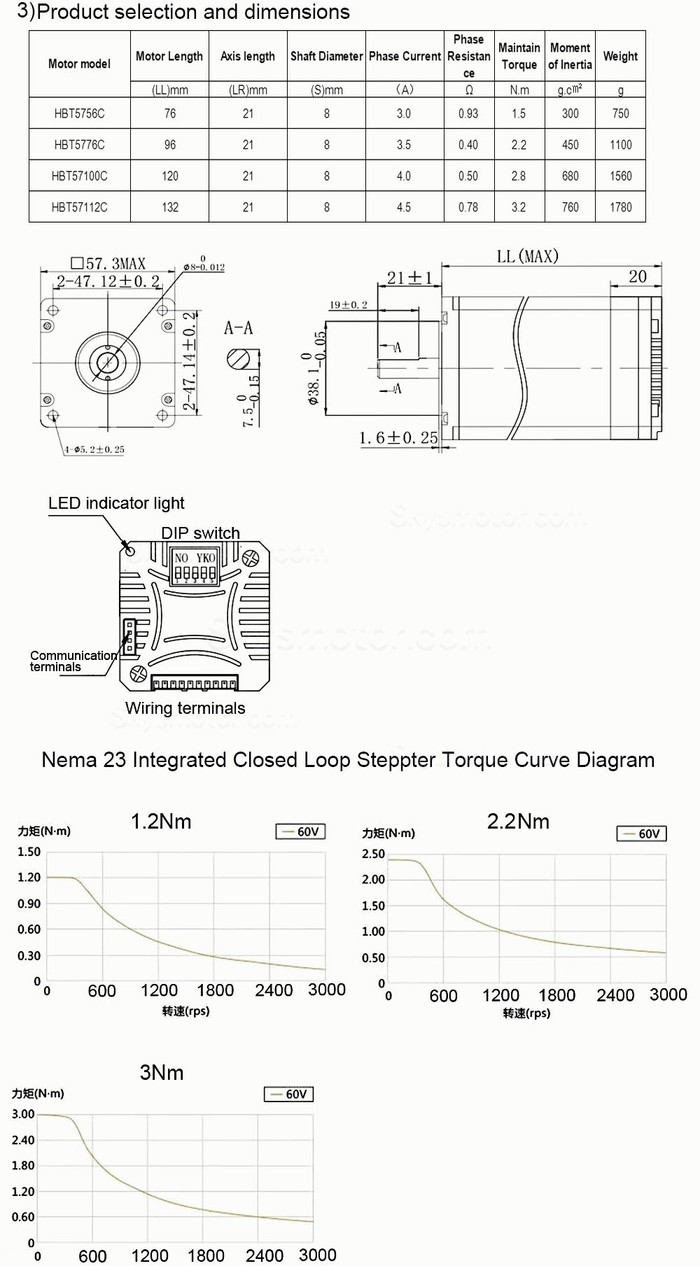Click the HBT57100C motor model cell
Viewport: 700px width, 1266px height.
[x=79, y=176]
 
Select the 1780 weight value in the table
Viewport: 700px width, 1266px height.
[x=620, y=207]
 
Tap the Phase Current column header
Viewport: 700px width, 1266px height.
[x=405, y=57]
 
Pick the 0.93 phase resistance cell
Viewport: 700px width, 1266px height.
[x=468, y=113]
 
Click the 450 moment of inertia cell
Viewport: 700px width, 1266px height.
[x=570, y=145]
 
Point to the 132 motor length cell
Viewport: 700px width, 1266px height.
[x=169, y=207]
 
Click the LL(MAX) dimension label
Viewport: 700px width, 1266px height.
[x=527, y=257]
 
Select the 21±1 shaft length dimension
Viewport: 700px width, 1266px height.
[x=409, y=278]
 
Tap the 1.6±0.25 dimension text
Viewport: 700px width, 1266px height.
[x=398, y=438]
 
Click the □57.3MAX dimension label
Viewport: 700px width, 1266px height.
[x=108, y=264]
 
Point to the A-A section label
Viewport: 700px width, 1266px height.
[x=238, y=328]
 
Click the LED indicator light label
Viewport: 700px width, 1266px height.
[x=116, y=503]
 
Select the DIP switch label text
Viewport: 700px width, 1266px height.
[x=200, y=533]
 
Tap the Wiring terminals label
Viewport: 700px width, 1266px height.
[x=185, y=708]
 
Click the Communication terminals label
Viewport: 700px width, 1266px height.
[x=72, y=661]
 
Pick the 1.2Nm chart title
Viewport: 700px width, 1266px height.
[x=161, y=822]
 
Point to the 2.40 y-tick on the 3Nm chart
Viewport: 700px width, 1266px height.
[x=23, y=1140]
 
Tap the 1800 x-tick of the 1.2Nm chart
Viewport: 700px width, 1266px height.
[x=215, y=990]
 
